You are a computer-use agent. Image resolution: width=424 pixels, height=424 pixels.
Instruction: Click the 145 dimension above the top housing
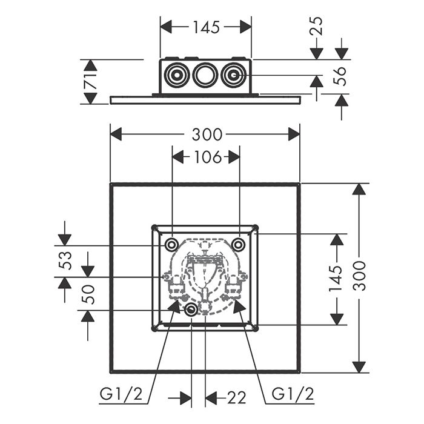(206, 27)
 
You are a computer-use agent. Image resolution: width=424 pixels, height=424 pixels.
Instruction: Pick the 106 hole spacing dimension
(206, 157)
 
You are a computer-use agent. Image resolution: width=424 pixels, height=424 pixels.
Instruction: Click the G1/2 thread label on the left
(121, 395)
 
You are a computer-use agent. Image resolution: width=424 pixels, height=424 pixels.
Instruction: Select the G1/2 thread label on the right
(293, 395)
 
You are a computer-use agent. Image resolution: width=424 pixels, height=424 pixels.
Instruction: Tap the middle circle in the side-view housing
(205, 76)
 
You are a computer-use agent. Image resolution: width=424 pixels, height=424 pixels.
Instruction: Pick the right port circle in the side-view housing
(233, 76)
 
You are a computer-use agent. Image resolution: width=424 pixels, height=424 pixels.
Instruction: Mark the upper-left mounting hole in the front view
(172, 244)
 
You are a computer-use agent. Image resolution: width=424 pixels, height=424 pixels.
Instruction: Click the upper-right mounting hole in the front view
(239, 244)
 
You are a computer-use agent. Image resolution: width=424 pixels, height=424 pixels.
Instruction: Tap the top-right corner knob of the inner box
(256, 228)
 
